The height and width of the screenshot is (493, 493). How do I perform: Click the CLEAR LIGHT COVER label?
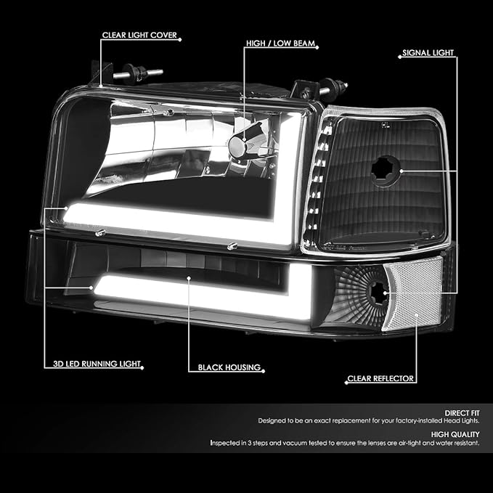(x=139, y=35)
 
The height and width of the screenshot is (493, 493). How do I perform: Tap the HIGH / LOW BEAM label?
(x=280, y=44)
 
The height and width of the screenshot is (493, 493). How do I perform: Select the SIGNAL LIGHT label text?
(x=428, y=53)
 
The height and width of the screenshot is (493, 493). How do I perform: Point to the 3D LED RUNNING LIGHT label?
(x=97, y=364)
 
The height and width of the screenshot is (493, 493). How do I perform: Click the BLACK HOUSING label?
(x=229, y=367)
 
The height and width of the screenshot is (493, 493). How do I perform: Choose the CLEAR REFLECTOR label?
(x=380, y=378)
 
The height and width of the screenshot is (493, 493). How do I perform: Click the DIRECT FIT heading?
(x=462, y=413)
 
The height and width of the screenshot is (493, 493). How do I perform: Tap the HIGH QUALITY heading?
(x=455, y=434)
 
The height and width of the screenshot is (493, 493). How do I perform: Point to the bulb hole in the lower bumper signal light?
(x=377, y=293)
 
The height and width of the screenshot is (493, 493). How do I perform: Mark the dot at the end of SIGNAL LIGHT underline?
(x=399, y=57)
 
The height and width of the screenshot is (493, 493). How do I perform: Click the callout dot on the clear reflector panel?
(x=416, y=314)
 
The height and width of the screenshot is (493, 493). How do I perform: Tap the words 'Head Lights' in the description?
(x=461, y=420)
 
